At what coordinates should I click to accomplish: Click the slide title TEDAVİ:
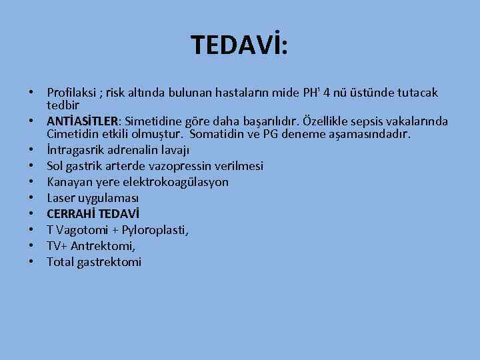[239, 45]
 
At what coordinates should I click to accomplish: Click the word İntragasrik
[76, 150]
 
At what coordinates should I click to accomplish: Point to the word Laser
[61, 198]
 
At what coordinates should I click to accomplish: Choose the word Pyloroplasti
[154, 230]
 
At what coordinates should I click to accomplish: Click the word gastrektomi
[109, 262]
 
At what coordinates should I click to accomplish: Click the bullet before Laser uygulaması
[32, 198]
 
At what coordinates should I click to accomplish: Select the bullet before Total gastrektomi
[32, 262]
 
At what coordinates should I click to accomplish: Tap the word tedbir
[63, 105]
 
